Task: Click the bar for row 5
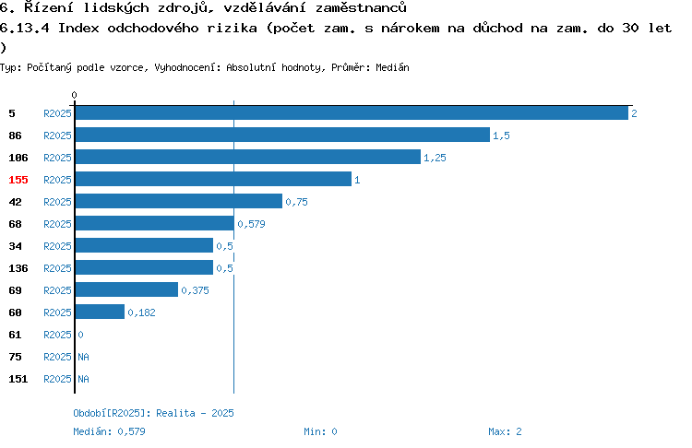pyautogui.click(x=352, y=112)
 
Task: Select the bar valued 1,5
pyautogui.click(x=283, y=135)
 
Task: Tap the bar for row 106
pyautogui.click(x=248, y=157)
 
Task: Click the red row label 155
pyautogui.click(x=18, y=180)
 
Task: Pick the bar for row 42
pyautogui.click(x=179, y=201)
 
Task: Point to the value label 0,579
pyautogui.click(x=251, y=224)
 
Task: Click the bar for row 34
pyautogui.click(x=144, y=245)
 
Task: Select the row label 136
pyautogui.click(x=18, y=268)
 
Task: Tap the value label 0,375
pyautogui.click(x=195, y=290)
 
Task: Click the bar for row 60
pyautogui.click(x=101, y=312)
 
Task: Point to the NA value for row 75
pyautogui.click(x=83, y=357)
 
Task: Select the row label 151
pyautogui.click(x=18, y=379)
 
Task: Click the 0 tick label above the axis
pyautogui.click(x=74, y=95)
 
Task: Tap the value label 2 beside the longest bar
pyautogui.click(x=634, y=113)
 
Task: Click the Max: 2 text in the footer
pyautogui.click(x=505, y=431)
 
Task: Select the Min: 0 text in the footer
pyautogui.click(x=320, y=431)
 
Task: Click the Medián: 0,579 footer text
pyautogui.click(x=109, y=431)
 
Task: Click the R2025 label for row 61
pyautogui.click(x=57, y=335)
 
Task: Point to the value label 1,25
pyautogui.click(x=435, y=158)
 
